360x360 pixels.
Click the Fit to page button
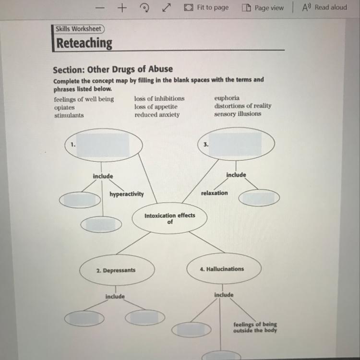coord(206,8)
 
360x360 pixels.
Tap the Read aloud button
coord(324,8)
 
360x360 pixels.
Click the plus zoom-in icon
coord(122,8)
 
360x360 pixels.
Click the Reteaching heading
coord(84,43)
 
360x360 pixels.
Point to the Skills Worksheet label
coord(78,29)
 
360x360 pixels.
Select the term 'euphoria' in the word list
coord(227,98)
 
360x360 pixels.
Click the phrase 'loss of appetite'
coord(156,106)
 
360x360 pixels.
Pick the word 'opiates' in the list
coord(64,108)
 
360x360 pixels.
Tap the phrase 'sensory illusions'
coord(238,114)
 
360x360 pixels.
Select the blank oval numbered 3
coord(236,143)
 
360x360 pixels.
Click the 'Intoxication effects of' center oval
coord(170,218)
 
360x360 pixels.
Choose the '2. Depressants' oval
coord(117,270)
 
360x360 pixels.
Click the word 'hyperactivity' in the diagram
coord(126,194)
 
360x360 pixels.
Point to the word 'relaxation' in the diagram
coord(215,192)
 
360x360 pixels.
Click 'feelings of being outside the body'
coord(255,327)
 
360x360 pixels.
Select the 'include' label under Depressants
coord(115,297)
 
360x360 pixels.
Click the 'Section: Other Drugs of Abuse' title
coord(113,69)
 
